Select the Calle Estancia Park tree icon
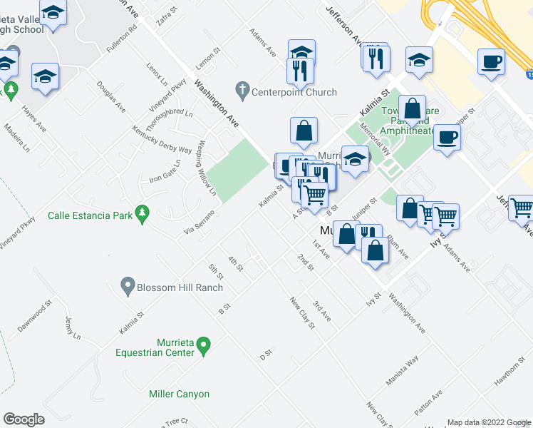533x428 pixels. click(143, 213)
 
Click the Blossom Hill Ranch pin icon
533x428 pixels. click(128, 286)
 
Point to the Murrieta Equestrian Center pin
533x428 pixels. click(204, 346)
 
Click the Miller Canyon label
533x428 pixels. click(179, 394)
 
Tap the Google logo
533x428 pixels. click(24, 419)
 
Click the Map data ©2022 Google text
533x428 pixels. click(488, 422)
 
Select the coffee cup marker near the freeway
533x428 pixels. click(490, 63)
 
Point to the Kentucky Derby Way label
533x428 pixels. click(162, 140)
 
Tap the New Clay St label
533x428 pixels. click(301, 312)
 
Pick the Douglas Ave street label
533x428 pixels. click(115, 105)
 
